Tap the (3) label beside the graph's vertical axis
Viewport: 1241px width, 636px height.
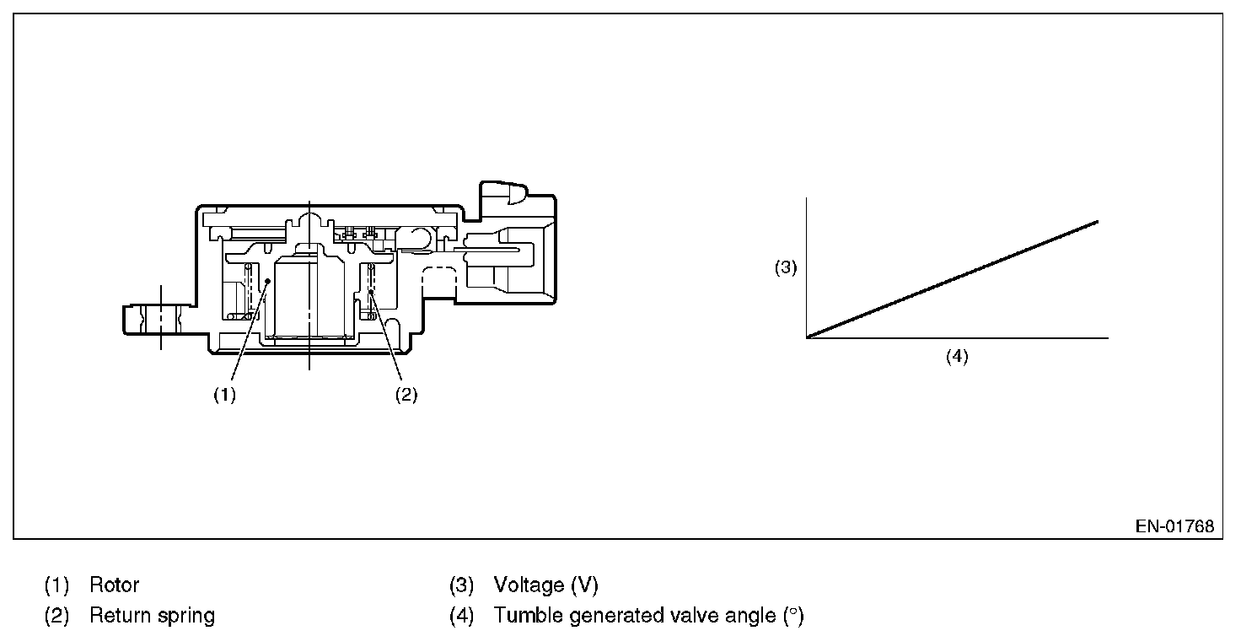786,268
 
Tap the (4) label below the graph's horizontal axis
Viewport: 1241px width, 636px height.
956,357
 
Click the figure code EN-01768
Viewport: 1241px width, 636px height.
1174,526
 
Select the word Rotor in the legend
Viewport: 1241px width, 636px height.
114,585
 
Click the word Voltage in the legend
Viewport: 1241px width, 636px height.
529,585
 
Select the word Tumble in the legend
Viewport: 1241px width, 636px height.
528,616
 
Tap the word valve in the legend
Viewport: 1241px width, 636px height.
682,616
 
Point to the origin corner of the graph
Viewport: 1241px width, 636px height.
807,337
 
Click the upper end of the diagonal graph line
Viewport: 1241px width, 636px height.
1097,221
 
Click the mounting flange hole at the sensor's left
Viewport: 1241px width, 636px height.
159,319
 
